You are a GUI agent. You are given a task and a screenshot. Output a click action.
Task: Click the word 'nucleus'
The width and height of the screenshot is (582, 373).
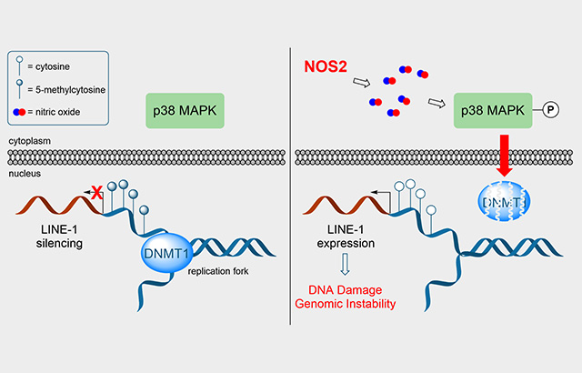(x=23, y=172)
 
